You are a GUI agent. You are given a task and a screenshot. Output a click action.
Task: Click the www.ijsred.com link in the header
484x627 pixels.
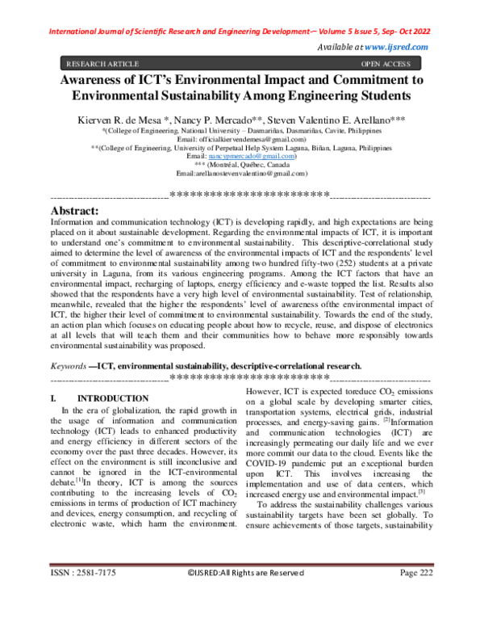click(397, 48)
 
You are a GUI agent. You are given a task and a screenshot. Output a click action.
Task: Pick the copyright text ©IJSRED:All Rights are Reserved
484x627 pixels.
click(246, 597)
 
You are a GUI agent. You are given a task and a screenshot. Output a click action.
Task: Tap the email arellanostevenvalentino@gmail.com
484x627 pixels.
click(242, 175)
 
